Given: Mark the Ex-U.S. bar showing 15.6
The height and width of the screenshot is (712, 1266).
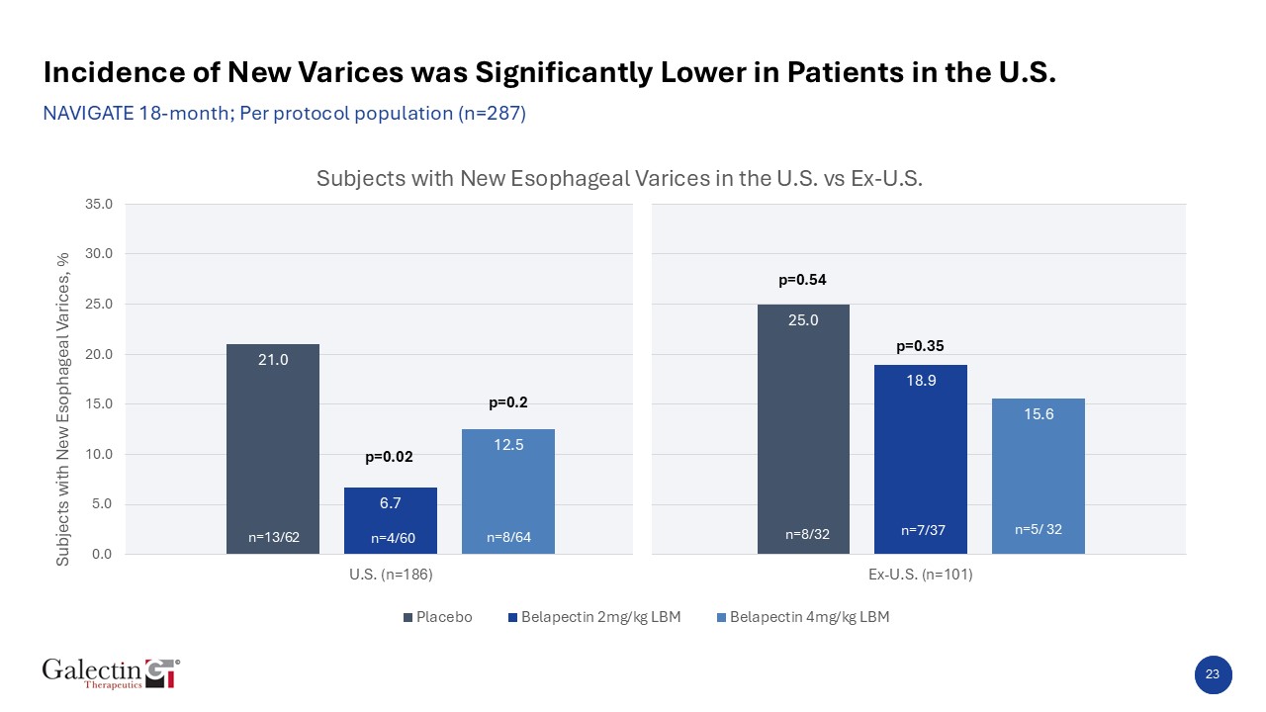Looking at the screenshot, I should point(1039,476).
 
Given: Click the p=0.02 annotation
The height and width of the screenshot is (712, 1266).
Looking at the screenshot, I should point(389,457).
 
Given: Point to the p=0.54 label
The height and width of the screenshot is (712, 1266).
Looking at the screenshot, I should point(802,280).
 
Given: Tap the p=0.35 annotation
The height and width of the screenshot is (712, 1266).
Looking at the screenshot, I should point(920,346).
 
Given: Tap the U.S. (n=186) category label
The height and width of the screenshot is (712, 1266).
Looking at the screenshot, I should point(391,575).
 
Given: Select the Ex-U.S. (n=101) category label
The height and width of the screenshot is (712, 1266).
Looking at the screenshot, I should point(921,575).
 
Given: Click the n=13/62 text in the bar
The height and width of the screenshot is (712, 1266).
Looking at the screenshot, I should point(273,538).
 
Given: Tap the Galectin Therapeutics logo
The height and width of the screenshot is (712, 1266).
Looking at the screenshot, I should point(111,672).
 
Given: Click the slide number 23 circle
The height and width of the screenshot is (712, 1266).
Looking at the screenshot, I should point(1213,674).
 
